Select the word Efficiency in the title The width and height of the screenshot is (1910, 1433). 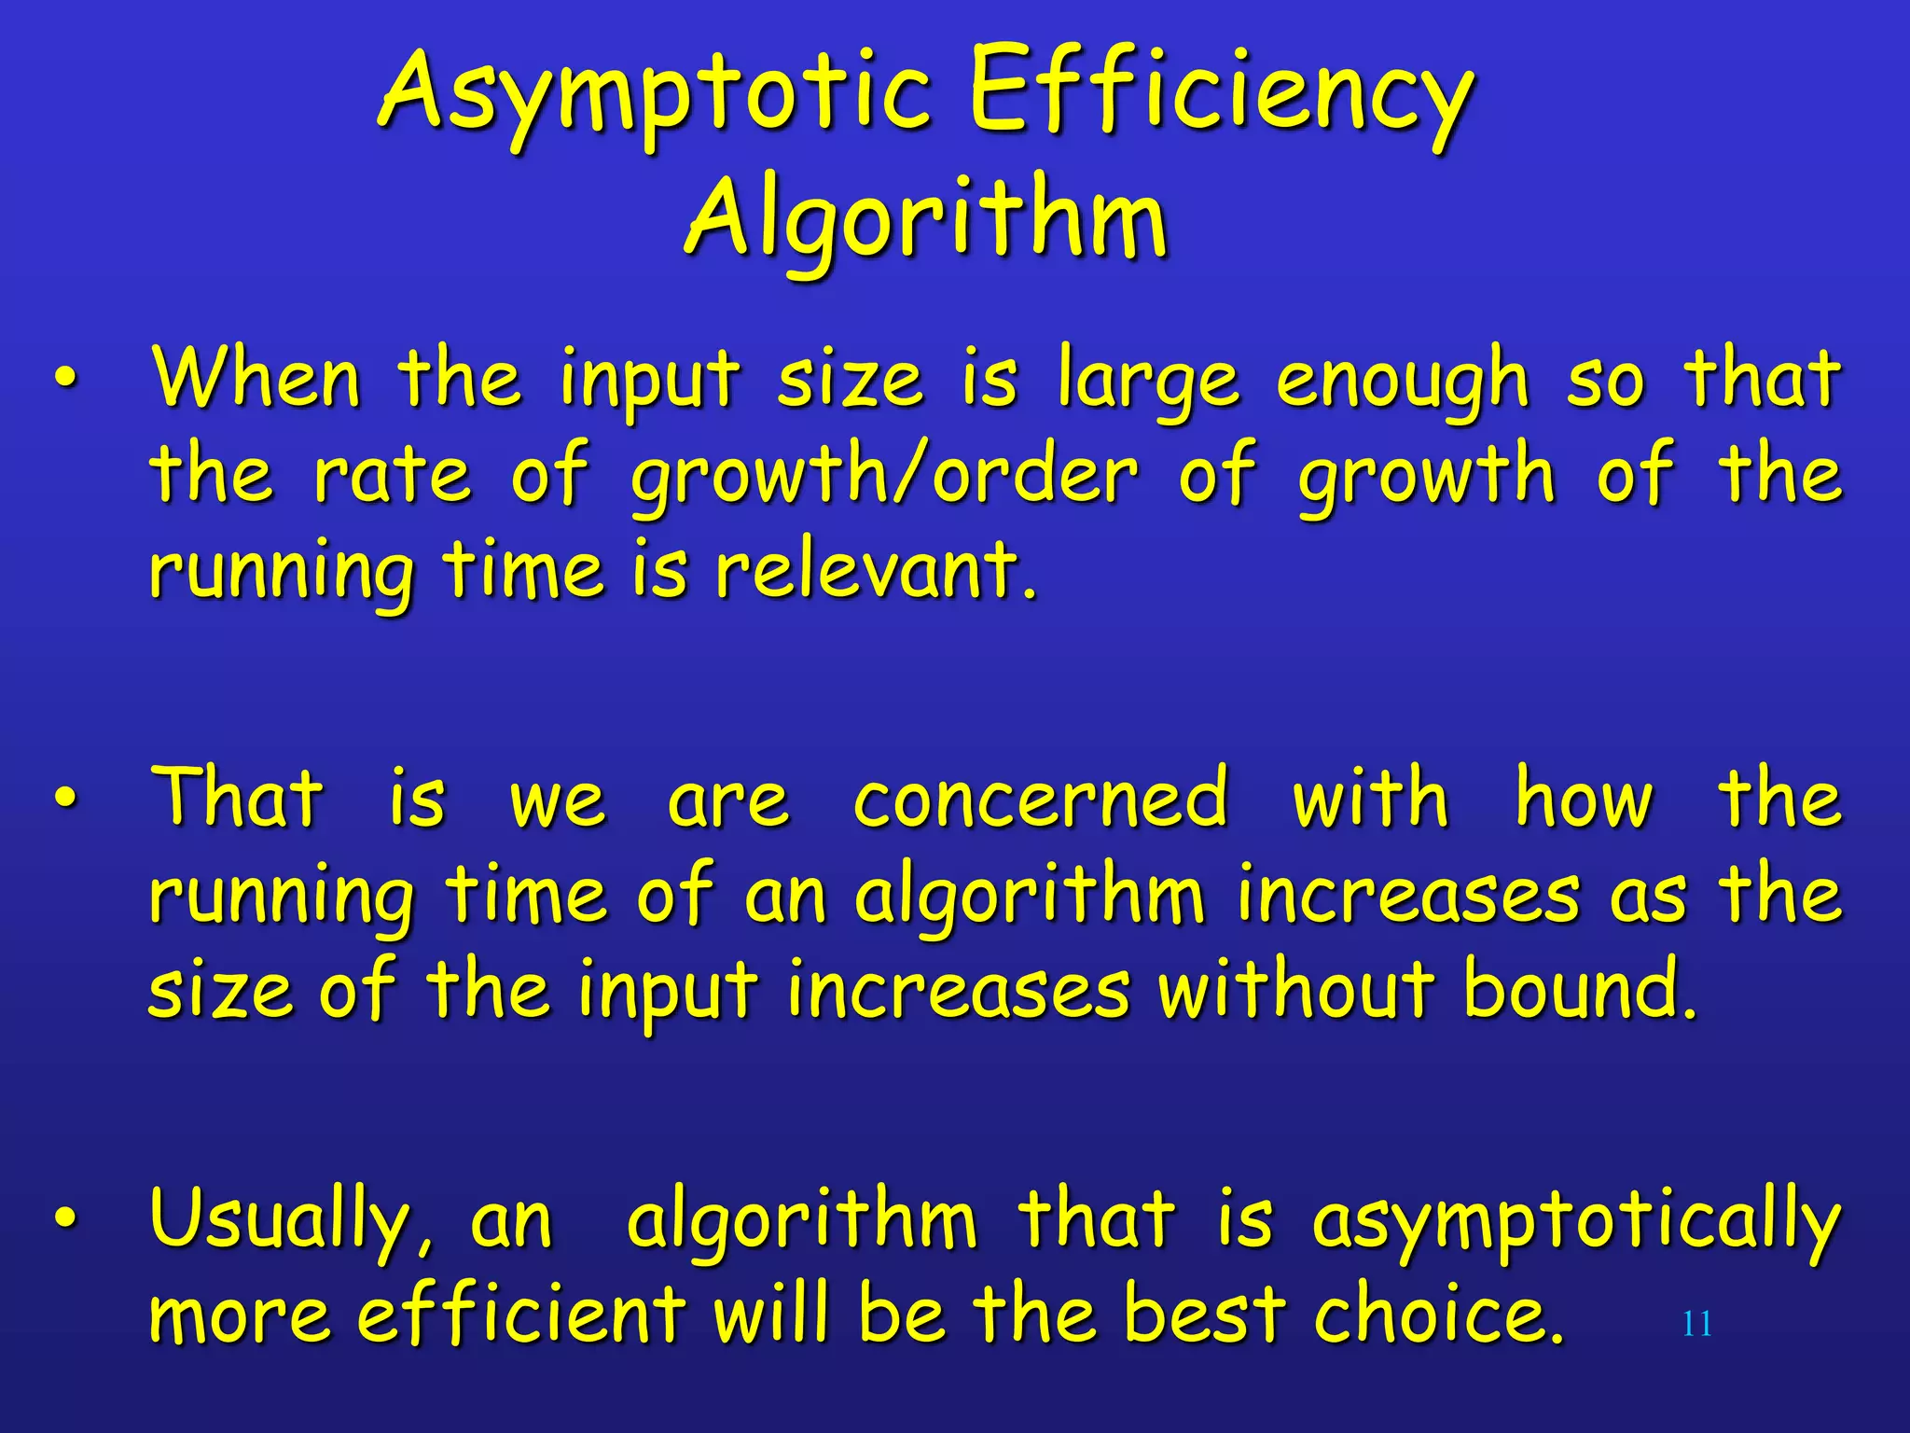coord(1222,93)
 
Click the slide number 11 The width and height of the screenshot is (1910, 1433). coord(1696,1324)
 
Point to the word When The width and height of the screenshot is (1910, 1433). coord(257,378)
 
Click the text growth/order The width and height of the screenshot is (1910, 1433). coord(884,476)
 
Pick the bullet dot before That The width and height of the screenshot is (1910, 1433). coord(63,799)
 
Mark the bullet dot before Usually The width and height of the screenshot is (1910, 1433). coord(63,1218)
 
